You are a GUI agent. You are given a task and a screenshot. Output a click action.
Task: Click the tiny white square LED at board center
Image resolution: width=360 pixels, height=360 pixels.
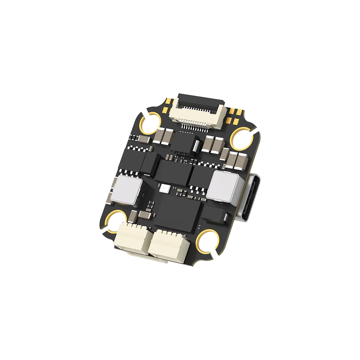165,188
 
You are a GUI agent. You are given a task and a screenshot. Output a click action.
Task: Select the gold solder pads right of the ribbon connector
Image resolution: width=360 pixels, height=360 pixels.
233,114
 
